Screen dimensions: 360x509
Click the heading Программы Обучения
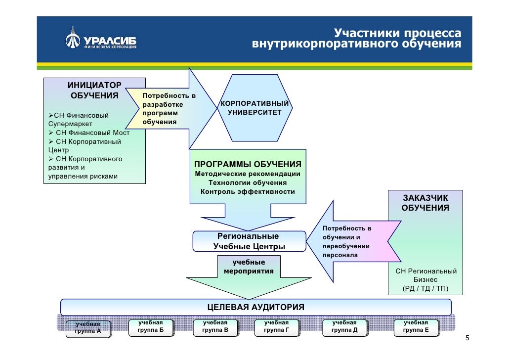pos(248,164)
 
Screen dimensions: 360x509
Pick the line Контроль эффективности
pos(248,191)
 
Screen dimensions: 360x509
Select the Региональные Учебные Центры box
pos(249,241)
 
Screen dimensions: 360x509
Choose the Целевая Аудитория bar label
pos(255,307)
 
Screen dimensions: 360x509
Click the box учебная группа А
pos(87,328)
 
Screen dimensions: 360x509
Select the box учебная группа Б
pos(151,326)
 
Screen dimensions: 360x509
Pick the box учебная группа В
pos(215,326)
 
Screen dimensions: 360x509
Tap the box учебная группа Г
pos(276,326)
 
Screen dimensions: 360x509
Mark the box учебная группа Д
pos(344,326)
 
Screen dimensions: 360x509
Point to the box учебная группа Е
pos(416,326)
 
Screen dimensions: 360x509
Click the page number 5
pos(467,339)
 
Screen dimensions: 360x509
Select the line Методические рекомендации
pos(248,174)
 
